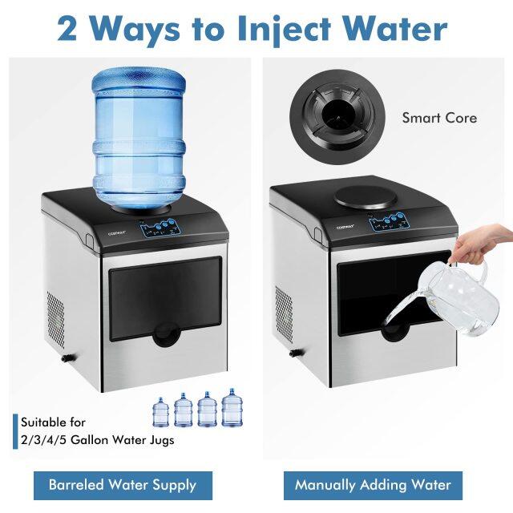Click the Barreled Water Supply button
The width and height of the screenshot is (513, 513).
coord(122,485)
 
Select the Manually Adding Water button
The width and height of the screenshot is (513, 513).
coord(373,485)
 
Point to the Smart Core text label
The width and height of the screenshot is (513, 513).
coord(439,118)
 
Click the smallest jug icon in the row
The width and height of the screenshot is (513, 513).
coord(161,412)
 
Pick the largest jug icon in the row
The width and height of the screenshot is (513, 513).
coord(232,408)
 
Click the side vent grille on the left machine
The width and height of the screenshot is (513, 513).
coord(56,320)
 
